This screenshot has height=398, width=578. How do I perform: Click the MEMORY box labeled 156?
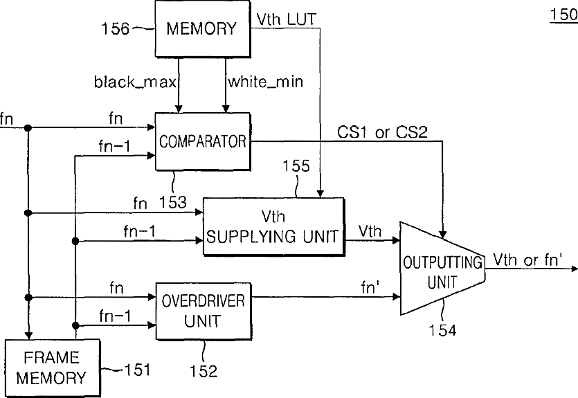coord(203,29)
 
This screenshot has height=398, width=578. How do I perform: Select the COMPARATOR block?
coord(203,141)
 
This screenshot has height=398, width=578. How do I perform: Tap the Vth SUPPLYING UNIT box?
coord(273,226)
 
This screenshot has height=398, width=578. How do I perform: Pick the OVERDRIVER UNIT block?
coord(204,311)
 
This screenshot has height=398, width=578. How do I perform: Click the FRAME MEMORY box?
coord(52,368)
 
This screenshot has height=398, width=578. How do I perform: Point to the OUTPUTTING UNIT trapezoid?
coord(442,269)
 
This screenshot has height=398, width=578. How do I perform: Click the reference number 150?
coord(563,15)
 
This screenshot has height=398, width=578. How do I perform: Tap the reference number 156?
coord(116,28)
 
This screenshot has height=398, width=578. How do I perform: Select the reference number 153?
coord(173,202)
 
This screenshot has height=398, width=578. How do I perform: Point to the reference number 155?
coord(296,166)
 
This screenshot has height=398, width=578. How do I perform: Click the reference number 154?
coord(442,330)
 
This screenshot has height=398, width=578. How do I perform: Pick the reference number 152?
coord(204,371)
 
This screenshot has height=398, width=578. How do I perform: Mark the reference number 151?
coord(138,370)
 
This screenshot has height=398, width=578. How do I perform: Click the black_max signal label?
coord(135,82)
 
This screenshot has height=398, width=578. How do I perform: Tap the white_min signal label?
coord(266,82)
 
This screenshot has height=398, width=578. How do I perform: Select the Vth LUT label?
coord(287,19)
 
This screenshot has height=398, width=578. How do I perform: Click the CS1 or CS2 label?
coord(382,132)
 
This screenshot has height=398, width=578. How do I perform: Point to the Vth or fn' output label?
coord(528,260)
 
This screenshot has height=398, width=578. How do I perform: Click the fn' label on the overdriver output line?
coord(370,287)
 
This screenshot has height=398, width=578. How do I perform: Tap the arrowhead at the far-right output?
coord(575,269)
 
